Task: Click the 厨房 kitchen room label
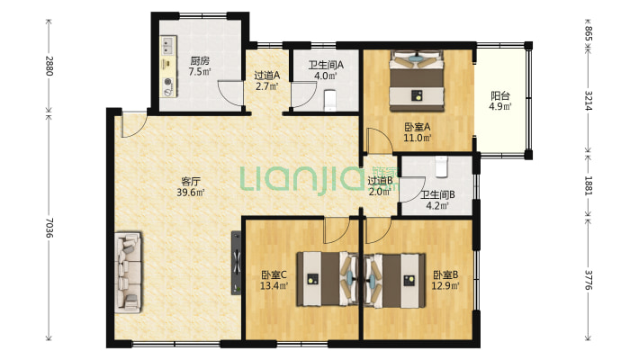coord(200,61)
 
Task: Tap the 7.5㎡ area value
coord(200,72)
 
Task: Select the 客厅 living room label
coord(191,182)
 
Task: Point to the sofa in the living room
coord(129,273)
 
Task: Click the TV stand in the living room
coord(237,263)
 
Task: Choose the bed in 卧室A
coord(416,81)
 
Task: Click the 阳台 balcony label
coord(500,96)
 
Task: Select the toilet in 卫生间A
coord(330,101)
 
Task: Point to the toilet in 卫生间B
coord(441,166)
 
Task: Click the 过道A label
coord(267,76)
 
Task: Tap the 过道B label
coord(380,180)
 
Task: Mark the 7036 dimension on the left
coord(49,227)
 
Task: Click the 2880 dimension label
coord(49,65)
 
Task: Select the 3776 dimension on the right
coord(588,280)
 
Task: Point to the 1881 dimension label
coord(588,185)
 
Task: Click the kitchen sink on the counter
coord(168,45)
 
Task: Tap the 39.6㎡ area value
coord(191,192)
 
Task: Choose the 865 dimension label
coord(588,33)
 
